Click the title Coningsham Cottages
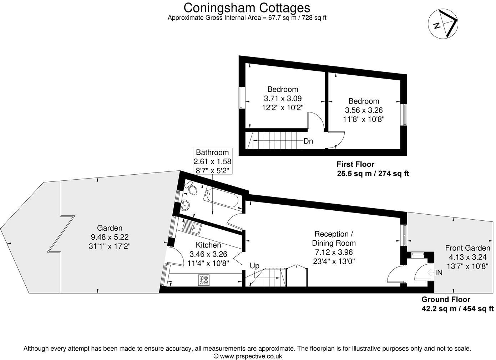tap(247, 7)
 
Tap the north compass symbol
tap(443, 24)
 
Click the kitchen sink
tap(192, 227)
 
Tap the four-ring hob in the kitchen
tap(204, 280)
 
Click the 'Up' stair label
tap(254, 266)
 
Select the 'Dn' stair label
tap(308, 141)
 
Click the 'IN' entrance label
tap(439, 273)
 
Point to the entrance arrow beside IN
tap(431, 273)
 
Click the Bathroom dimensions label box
tap(212, 161)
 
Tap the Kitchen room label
tap(208, 245)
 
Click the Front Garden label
tap(467, 248)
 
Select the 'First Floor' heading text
tap(355, 164)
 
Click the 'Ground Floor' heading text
tap(446, 299)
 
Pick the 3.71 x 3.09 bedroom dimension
tap(283, 98)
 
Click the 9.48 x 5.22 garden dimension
tap(110, 237)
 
